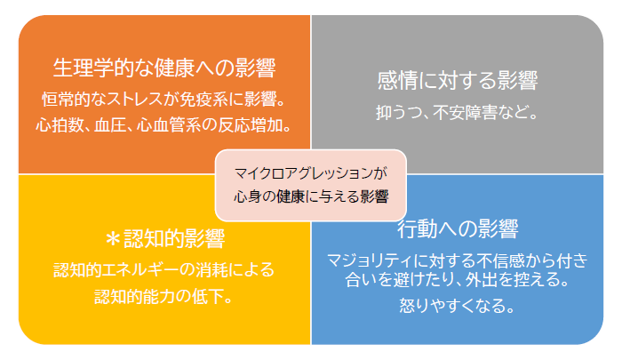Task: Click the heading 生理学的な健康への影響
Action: pyautogui.click(x=164, y=68)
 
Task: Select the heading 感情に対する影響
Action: pyautogui.click(x=458, y=81)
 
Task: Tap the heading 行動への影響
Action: pyautogui.click(x=458, y=229)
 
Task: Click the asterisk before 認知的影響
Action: pyautogui.click(x=113, y=239)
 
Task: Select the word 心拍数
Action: pyautogui.click(x=60, y=125)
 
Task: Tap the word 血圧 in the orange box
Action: pyautogui.click(x=110, y=125)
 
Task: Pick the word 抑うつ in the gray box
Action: pyautogui.click(x=400, y=112)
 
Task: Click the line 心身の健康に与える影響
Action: pyautogui.click(x=311, y=196)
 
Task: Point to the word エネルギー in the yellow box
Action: pyautogui.click(x=140, y=270)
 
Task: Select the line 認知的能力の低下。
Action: pyautogui.click(x=163, y=297)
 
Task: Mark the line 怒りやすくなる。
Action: pyautogui.click(x=457, y=306)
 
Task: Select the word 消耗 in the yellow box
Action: pyautogui.click(x=211, y=270)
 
